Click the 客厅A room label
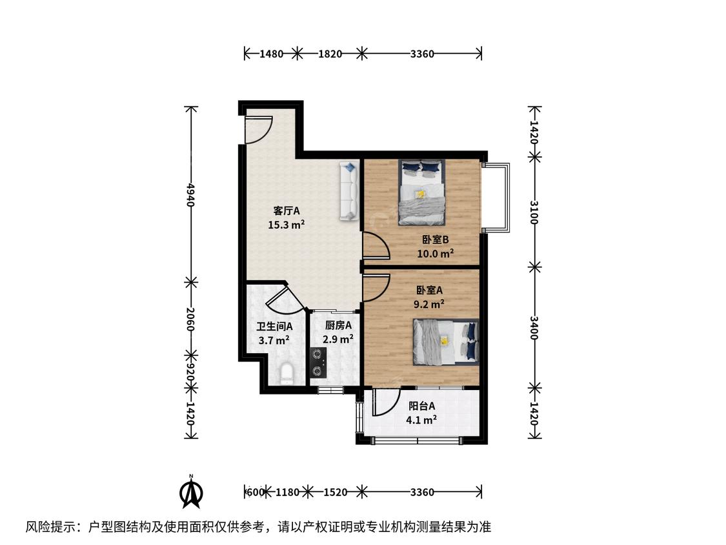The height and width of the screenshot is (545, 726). (x=286, y=211)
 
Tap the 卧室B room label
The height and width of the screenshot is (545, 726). (x=435, y=240)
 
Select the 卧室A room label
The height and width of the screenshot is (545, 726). (x=429, y=290)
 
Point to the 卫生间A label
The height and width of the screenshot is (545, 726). (x=274, y=326)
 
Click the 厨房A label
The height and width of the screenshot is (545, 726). (x=338, y=325)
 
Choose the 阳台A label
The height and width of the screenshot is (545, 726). (x=422, y=406)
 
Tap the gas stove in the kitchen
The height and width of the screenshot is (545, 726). (x=318, y=362)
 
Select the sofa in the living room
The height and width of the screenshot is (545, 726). (x=349, y=190)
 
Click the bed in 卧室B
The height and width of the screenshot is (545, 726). (x=422, y=192)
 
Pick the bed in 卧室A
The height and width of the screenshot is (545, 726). (x=446, y=342)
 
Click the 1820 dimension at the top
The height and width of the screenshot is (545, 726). (x=330, y=54)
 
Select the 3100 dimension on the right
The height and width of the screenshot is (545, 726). (x=534, y=212)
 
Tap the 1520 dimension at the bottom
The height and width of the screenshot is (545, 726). (x=335, y=491)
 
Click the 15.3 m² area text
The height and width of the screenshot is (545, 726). (x=286, y=225)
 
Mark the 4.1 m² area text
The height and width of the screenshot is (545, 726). (x=421, y=420)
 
